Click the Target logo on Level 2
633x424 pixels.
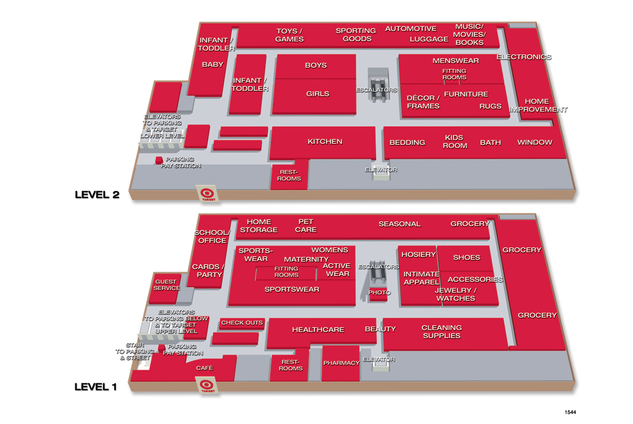click(207, 194)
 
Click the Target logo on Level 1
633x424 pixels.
click(207, 385)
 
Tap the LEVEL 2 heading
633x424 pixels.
click(97, 195)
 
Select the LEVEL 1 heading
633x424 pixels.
click(96, 387)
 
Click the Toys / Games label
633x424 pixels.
click(289, 35)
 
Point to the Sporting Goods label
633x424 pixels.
click(356, 35)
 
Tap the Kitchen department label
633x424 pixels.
click(325, 142)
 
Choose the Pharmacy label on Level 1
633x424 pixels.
click(341, 363)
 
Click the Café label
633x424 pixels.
click(204, 368)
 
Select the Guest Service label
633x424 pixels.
click(166, 285)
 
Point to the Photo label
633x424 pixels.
click(379, 292)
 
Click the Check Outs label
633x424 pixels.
click(242, 323)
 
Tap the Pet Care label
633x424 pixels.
click(306, 226)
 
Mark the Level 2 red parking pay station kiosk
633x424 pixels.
click(159, 160)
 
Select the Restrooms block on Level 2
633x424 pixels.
click(289, 174)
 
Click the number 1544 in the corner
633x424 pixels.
click(570, 413)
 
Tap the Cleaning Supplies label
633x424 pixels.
click(442, 332)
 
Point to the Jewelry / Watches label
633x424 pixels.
click(456, 294)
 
